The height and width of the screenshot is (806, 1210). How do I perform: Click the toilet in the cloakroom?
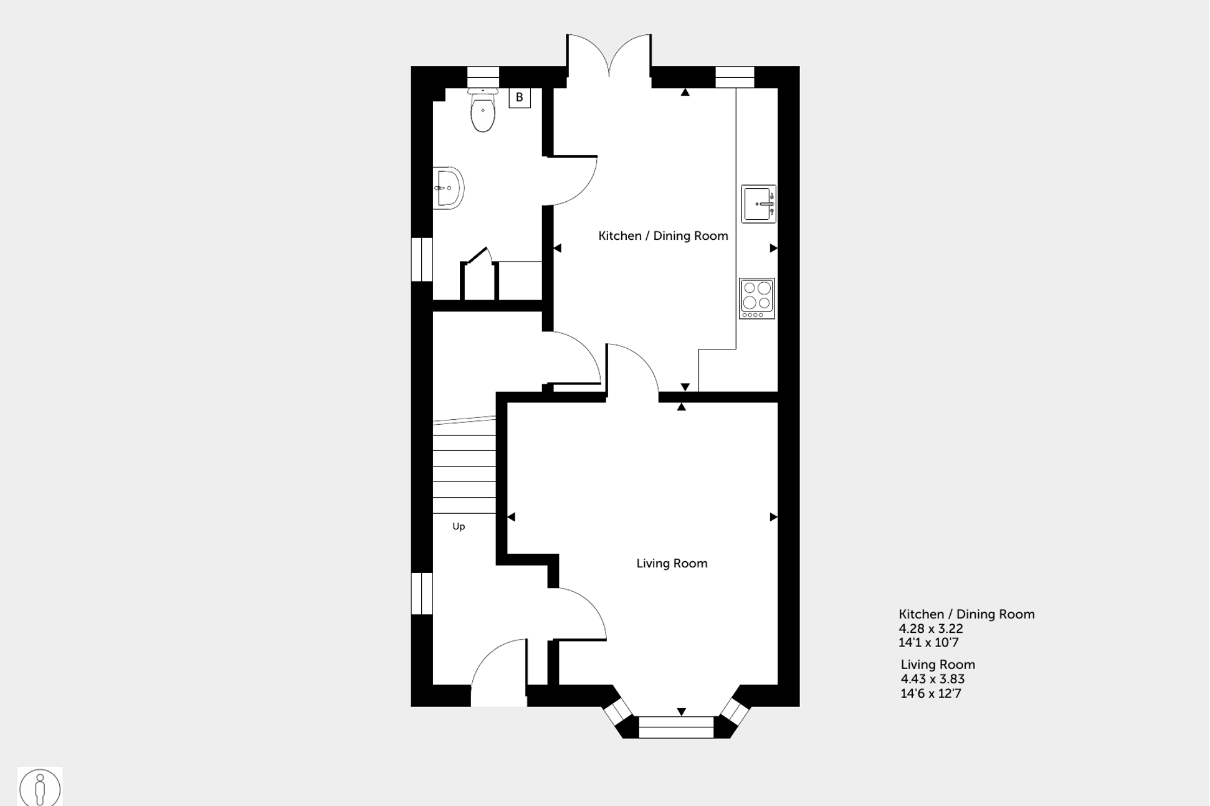[483, 112]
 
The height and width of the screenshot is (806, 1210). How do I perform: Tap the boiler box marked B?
[519, 98]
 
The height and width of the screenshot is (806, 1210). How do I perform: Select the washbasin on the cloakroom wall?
[449, 187]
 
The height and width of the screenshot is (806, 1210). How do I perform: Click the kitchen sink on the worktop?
[758, 204]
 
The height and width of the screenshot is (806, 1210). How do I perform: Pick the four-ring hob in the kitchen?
[757, 298]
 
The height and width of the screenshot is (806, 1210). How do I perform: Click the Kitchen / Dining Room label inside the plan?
[663, 235]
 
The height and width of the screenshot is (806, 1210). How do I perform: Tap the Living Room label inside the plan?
[672, 563]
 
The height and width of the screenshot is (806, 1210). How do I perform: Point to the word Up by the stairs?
[459, 526]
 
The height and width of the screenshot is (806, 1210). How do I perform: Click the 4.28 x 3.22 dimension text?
[931, 628]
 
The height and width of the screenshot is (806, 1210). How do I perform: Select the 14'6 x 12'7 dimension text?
[931, 693]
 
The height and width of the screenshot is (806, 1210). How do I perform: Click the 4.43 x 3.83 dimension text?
[933, 679]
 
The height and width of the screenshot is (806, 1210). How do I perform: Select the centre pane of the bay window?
[676, 727]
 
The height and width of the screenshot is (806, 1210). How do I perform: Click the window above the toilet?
[483, 77]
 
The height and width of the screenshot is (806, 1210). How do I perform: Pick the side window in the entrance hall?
[422, 593]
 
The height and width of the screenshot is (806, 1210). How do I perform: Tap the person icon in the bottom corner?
[40, 788]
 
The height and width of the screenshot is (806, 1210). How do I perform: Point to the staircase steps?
[464, 467]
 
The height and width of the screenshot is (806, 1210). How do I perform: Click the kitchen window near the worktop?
[735, 77]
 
